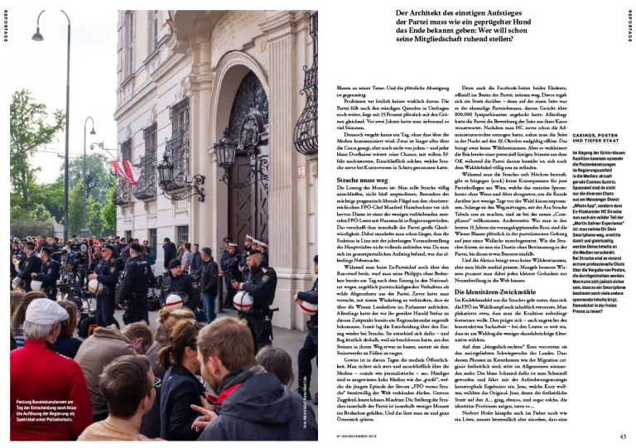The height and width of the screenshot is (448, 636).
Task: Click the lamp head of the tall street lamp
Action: pos(37,34)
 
